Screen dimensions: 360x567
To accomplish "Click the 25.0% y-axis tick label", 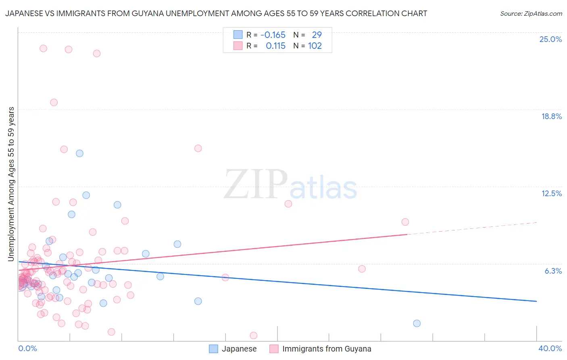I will (550, 39).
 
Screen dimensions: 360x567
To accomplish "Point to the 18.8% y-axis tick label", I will (551, 116).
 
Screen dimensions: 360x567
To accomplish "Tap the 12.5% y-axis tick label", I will (551, 193).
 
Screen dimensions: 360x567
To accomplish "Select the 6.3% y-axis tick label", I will (553, 271).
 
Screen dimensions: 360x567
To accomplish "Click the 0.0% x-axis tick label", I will (27, 348).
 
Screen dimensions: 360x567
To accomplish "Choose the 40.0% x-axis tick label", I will (550, 348).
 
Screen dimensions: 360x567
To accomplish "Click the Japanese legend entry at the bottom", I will (233, 349).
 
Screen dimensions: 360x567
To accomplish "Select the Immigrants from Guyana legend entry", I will (320, 349).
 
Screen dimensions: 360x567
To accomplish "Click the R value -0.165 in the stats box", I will (273, 35).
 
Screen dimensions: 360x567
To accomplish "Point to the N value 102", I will (315, 46).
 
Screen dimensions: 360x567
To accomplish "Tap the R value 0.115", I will (275, 46).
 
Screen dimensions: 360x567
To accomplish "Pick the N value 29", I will (317, 35).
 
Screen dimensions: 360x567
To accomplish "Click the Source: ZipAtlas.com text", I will (531, 14).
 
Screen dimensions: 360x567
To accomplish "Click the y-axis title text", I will (11, 184).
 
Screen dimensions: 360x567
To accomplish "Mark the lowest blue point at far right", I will (417, 323).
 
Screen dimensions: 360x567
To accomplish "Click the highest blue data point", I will (79, 153).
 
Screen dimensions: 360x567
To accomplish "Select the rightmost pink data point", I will (405, 222).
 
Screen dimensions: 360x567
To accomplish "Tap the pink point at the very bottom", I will (253, 335).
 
